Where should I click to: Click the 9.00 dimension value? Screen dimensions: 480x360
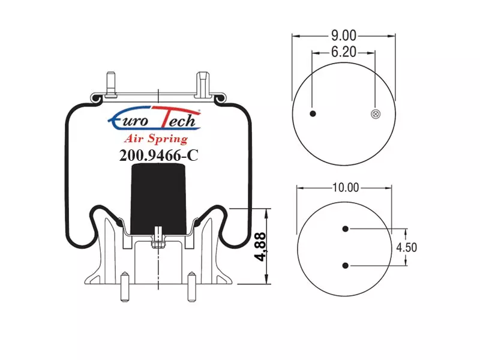pyautogui.click(x=344, y=36)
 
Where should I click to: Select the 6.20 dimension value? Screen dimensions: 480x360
pyautogui.click(x=344, y=52)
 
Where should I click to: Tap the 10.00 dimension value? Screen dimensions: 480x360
pyautogui.click(x=346, y=187)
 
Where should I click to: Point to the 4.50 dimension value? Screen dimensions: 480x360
pyautogui.click(x=407, y=247)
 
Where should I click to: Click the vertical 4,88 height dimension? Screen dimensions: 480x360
pyautogui.click(x=261, y=247)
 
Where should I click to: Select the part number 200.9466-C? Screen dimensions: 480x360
pyautogui.click(x=158, y=155)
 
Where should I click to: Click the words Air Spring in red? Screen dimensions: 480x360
pyautogui.click(x=156, y=139)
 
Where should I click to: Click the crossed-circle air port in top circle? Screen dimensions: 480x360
pyautogui.click(x=376, y=114)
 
